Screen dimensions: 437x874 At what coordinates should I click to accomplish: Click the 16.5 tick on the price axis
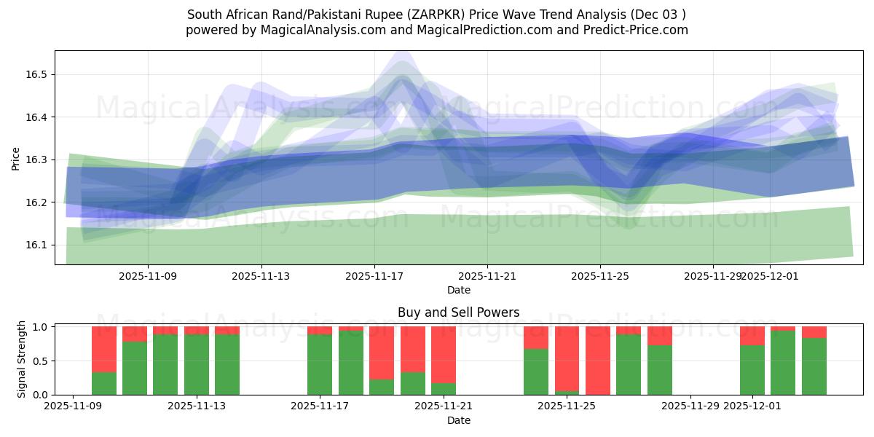point(37,75)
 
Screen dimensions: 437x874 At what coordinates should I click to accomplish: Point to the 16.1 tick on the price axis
point(37,245)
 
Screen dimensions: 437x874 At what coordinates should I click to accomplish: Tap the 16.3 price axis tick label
point(37,160)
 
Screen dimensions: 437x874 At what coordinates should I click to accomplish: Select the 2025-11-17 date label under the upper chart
point(374,277)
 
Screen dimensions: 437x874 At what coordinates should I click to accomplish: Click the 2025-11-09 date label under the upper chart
point(148,277)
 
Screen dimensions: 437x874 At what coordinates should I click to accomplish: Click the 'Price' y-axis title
point(15,158)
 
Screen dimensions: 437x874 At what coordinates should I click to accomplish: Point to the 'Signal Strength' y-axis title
point(22,359)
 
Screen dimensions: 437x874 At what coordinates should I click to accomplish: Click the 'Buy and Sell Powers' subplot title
point(458,312)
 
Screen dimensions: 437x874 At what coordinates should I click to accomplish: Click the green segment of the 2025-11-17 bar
point(320,364)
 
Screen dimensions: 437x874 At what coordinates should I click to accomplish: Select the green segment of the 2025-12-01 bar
point(752,370)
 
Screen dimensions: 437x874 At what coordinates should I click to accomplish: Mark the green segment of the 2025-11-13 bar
point(197,364)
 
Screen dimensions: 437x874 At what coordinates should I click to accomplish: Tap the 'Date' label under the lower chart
point(458,420)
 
